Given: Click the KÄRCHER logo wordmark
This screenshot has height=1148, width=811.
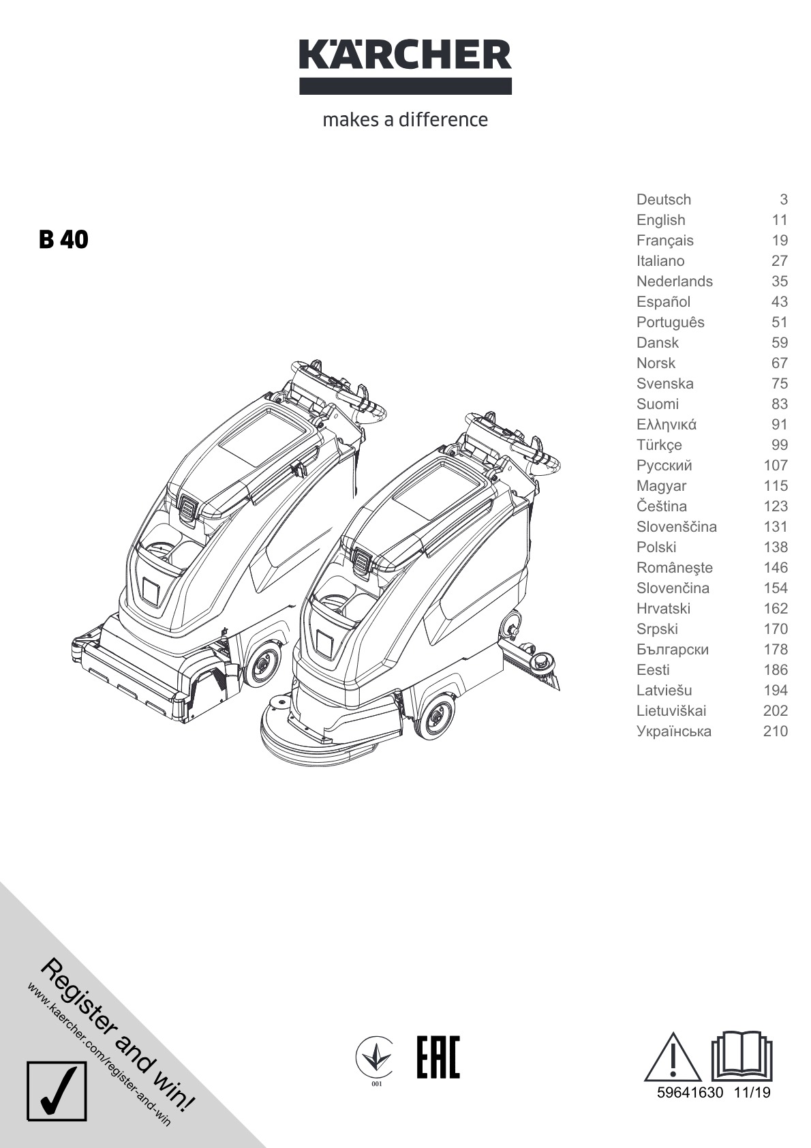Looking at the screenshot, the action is pos(405,67).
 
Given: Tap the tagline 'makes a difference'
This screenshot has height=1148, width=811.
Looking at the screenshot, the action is pos(405,119).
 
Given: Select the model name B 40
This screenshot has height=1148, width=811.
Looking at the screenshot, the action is pos(63,239).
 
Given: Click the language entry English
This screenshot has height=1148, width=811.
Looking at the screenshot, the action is pos(661,220).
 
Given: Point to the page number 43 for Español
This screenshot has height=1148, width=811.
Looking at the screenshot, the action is pos(779,301).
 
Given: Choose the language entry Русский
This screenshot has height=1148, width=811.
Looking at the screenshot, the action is pos(664,466).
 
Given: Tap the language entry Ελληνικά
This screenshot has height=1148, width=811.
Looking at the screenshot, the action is pos(666,424).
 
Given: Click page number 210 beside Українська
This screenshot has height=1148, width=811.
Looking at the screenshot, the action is pos(775,731).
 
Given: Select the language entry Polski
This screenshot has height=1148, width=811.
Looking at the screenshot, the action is pos(656,547).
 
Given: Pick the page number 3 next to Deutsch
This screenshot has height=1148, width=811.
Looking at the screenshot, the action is pos(783,199).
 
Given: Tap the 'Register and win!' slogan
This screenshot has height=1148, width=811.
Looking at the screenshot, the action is pos(117,1036).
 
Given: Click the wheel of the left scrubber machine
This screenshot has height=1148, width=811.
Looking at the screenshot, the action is pos(262,665).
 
